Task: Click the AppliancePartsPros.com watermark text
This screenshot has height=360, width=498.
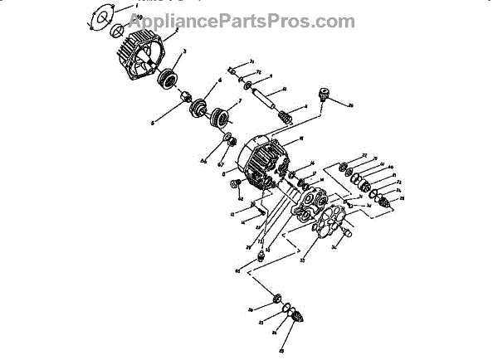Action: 249,20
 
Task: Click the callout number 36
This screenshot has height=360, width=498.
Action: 350,105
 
